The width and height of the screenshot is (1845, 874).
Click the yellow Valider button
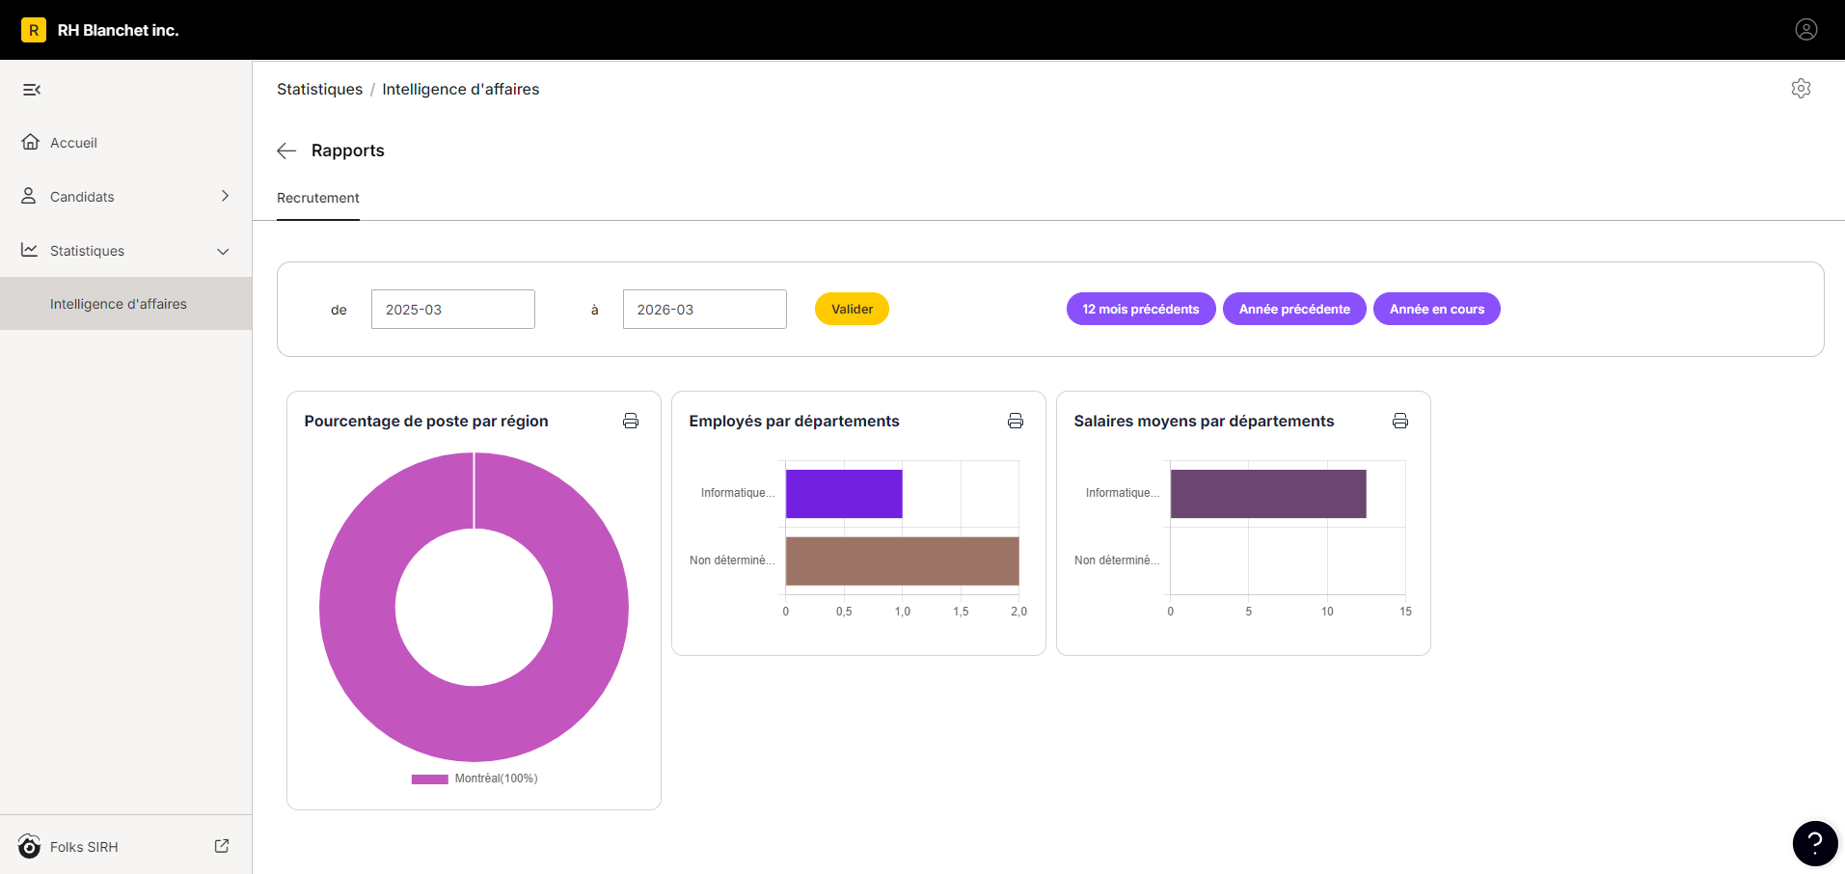pos(852,309)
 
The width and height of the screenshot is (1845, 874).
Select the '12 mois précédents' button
pos(1140,309)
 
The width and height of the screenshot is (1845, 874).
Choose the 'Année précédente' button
pos(1294,309)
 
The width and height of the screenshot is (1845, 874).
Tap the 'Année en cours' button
pos(1436,309)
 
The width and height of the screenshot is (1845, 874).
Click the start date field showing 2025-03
pos(453,310)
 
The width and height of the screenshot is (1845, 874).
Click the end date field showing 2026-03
pos(705,310)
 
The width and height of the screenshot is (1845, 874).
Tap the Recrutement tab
pos(318,198)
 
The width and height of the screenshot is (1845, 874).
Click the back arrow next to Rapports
pos(286,150)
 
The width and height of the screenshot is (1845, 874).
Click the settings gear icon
pos(1801,89)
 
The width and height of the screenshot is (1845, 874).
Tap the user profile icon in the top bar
pos(1806,30)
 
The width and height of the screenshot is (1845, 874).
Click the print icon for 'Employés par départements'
pos(1016,421)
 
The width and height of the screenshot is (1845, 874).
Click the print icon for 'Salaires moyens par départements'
pos(1400,421)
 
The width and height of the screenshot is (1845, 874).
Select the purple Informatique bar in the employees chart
pos(844,494)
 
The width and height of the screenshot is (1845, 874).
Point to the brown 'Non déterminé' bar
pos(903,560)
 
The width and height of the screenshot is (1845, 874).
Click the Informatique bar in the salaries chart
pos(1268,494)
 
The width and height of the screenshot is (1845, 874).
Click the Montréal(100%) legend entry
pos(475,778)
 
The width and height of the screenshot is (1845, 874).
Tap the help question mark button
pos(1815,844)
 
